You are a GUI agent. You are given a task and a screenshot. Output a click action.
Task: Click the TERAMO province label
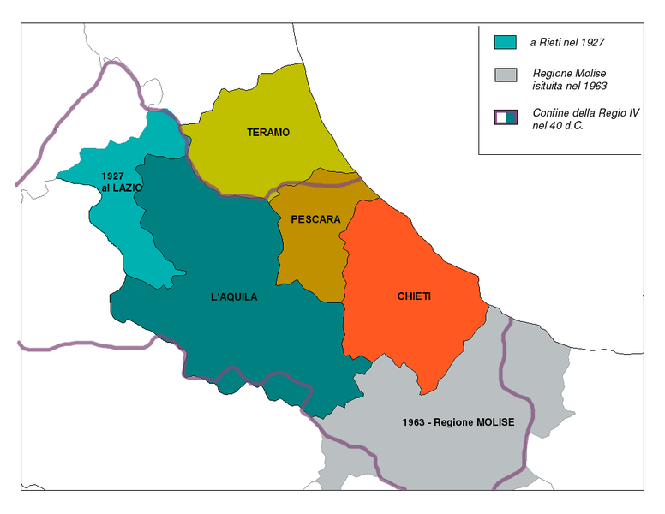268,133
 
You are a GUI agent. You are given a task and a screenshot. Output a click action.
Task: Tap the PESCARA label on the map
315,219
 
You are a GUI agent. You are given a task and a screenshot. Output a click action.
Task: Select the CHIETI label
414,296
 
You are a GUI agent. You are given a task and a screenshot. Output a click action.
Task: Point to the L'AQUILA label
233,297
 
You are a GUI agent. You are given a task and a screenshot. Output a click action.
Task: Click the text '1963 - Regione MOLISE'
458,423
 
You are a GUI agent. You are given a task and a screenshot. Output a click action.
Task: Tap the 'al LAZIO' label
122,188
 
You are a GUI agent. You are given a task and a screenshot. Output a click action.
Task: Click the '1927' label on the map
112,176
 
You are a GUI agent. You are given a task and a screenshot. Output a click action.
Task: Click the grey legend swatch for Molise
506,74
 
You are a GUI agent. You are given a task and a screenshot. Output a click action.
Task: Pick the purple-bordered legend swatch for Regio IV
506,117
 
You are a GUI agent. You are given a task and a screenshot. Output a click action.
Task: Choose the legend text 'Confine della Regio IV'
585,112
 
